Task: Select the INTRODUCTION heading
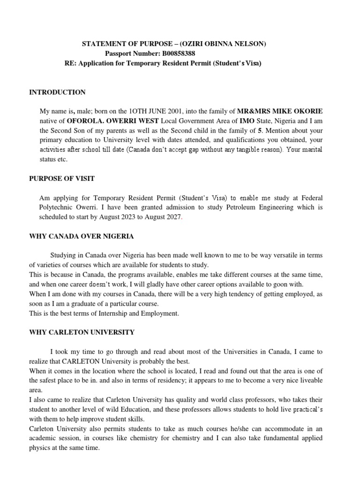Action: [57, 92]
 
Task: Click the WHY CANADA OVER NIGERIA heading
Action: [82, 237]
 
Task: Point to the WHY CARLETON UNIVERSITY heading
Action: [82, 332]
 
